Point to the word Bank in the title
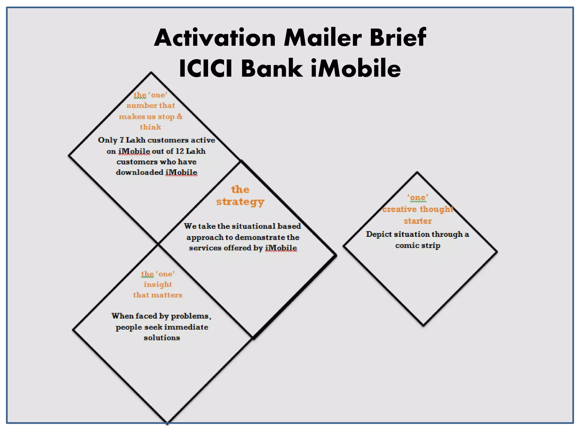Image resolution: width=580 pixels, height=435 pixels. [272, 69]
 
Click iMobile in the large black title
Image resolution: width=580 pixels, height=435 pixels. [356, 69]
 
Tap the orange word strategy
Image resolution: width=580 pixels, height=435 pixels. [240, 202]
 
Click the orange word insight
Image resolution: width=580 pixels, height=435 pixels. [157, 284]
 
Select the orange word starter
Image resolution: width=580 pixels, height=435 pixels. [418, 221]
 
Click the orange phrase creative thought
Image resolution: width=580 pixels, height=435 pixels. [418, 209]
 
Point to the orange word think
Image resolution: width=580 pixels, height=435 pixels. [150, 127]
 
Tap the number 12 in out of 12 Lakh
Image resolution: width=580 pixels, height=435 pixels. [180, 151]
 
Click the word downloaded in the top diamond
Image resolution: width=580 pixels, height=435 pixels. [140, 172]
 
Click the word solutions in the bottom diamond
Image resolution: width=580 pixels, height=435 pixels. [162, 338]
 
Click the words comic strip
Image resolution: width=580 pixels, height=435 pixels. [418, 246]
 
